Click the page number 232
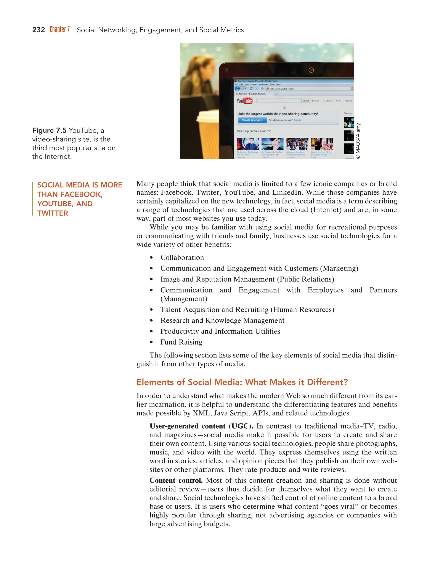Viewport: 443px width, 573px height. click(38, 30)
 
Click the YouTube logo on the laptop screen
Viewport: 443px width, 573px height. click(244, 101)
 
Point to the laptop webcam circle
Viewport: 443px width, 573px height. click(311, 70)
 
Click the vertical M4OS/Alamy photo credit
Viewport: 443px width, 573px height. click(358, 141)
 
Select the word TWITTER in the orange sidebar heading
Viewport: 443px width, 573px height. click(53, 213)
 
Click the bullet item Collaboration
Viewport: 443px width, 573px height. click(182, 257)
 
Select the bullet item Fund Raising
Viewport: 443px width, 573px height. click(181, 342)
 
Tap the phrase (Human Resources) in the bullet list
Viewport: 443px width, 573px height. click(303, 310)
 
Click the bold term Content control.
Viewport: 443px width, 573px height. click(176, 480)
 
